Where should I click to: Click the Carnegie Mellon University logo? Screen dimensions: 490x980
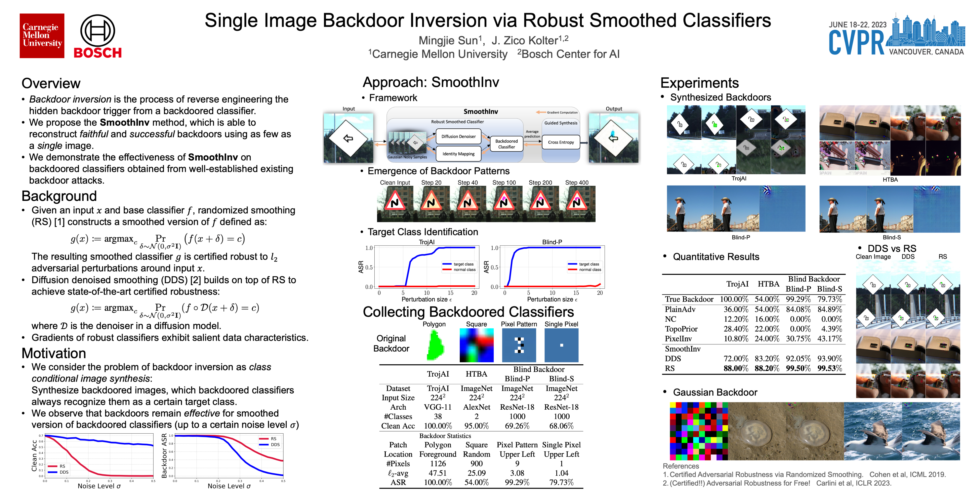click(42, 36)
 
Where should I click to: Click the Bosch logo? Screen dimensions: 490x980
click(98, 37)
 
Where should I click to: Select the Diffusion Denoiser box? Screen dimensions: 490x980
click(458, 136)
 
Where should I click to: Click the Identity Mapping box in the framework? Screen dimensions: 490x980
click(458, 154)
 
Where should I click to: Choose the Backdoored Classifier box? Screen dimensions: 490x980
click(506, 144)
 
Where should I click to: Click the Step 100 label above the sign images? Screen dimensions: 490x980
click(504, 183)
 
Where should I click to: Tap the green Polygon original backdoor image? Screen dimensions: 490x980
click(434, 345)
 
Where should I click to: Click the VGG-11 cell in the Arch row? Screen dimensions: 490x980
click(438, 407)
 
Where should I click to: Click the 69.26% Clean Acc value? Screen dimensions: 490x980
click(517, 426)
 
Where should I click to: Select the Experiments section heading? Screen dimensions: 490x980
click(699, 83)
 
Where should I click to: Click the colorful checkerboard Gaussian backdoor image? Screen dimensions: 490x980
click(698, 431)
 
